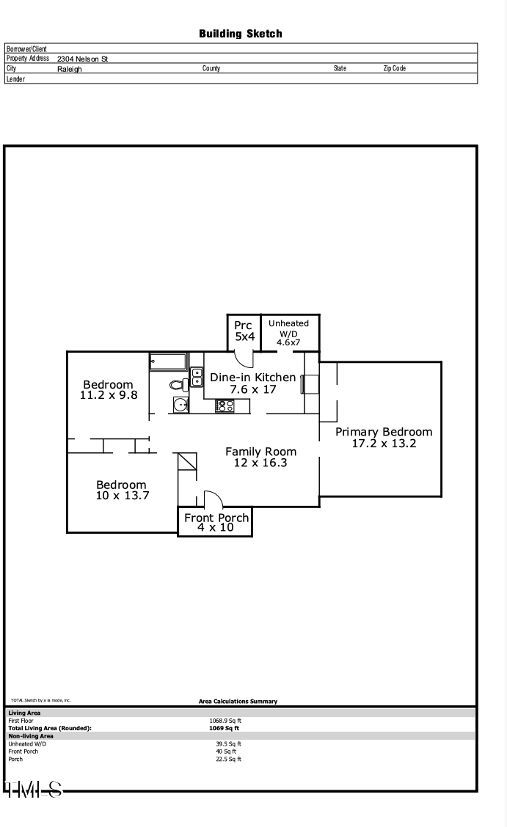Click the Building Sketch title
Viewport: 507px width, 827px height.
(240, 34)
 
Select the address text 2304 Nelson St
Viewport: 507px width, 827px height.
(82, 59)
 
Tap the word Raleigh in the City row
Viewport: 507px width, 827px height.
(70, 69)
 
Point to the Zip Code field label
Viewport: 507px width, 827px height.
(394, 68)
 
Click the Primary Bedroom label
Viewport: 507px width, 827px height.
(384, 432)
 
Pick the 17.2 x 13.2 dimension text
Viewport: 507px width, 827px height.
(384, 443)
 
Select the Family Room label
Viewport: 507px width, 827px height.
(260, 452)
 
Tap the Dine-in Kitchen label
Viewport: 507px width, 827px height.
(253, 378)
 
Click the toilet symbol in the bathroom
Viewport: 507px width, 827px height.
(178, 384)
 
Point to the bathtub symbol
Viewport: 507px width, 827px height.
(169, 361)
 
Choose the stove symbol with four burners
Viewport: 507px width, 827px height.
(225, 405)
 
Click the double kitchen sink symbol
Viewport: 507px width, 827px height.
(197, 377)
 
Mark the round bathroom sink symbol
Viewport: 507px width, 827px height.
(180, 405)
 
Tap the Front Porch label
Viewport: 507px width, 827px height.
(216, 518)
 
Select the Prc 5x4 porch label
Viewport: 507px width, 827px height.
(244, 331)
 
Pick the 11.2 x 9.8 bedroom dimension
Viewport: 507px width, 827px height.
(108, 394)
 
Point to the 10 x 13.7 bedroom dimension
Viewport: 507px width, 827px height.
(122, 495)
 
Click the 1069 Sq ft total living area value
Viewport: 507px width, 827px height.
(225, 728)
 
